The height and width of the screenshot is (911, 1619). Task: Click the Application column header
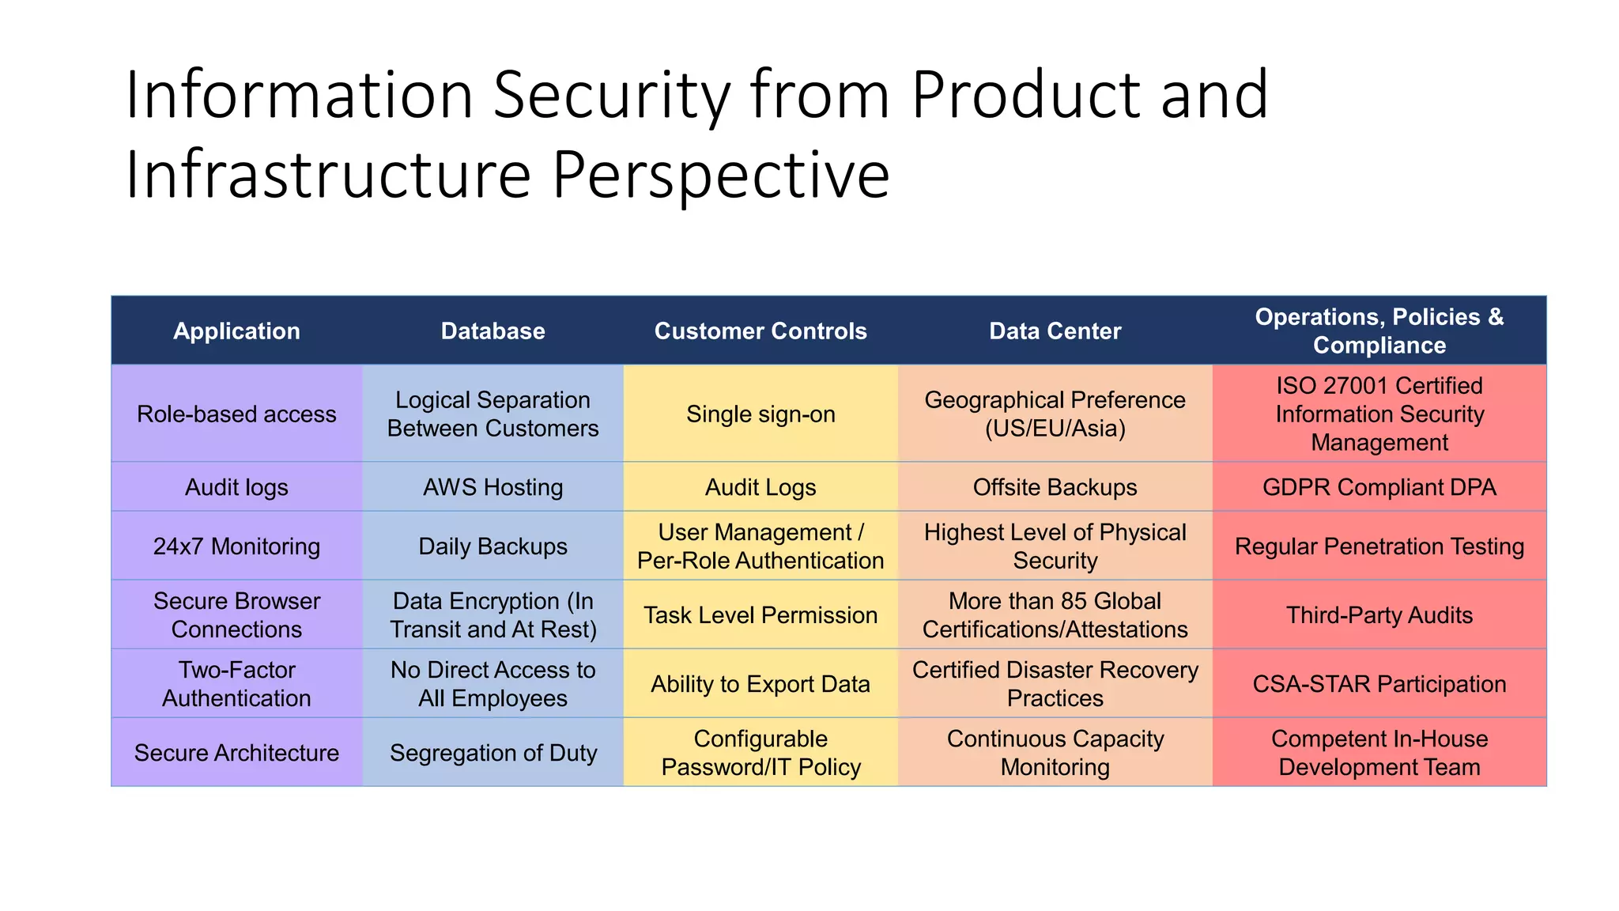pyautogui.click(x=236, y=331)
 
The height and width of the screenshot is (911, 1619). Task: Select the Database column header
pyautogui.click(x=492, y=331)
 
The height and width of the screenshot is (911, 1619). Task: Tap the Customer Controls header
pyautogui.click(x=760, y=331)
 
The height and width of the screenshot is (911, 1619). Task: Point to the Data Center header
pyautogui.click(x=1055, y=331)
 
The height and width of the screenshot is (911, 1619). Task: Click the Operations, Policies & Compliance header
pyautogui.click(x=1379, y=331)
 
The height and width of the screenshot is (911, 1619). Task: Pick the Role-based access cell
pyautogui.click(x=236, y=414)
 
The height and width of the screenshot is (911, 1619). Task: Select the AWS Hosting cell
pyautogui.click(x=492, y=487)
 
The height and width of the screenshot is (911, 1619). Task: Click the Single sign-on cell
pyautogui.click(x=760, y=414)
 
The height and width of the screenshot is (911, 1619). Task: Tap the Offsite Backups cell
pyautogui.click(x=1055, y=487)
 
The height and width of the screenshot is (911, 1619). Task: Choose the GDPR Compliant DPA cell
pyautogui.click(x=1379, y=487)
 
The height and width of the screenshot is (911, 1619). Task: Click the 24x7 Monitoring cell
pyautogui.click(x=236, y=546)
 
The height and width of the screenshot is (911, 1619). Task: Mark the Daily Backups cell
pyautogui.click(x=492, y=546)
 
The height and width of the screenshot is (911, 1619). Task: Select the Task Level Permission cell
pyautogui.click(x=760, y=615)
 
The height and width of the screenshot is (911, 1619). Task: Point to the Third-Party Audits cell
pyautogui.click(x=1379, y=615)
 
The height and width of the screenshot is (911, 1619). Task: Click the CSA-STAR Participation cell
pyautogui.click(x=1379, y=684)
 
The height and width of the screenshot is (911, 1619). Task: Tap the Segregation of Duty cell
pyautogui.click(x=492, y=753)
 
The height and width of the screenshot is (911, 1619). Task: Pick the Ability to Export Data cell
pyautogui.click(x=760, y=684)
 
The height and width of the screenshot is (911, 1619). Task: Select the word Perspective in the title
pyautogui.click(x=720, y=176)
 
